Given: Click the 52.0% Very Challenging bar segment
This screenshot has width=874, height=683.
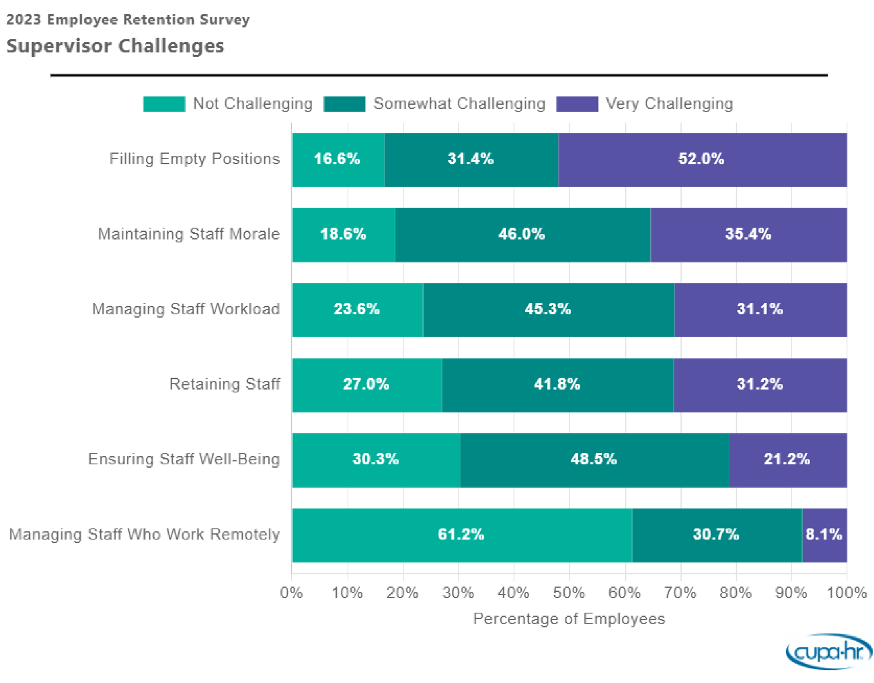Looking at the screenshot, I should pos(702,160).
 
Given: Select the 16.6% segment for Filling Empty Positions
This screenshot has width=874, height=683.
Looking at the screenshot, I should pos(338,160).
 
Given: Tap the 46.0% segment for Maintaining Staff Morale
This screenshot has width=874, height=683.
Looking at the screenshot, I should pos(522,235).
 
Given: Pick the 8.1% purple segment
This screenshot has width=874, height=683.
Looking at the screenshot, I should pos(824,535).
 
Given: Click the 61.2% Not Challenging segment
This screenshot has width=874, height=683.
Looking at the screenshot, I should pos(461,535).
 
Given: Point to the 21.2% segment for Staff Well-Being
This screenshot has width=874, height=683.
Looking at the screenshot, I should pos(787,460).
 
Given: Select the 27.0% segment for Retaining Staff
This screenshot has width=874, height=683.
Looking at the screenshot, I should pos(367,385).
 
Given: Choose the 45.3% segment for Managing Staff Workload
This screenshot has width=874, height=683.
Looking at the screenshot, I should pos(548,310).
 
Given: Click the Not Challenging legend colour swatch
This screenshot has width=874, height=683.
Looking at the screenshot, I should pos(164,104).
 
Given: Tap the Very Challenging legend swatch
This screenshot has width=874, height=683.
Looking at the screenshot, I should pos(577,104).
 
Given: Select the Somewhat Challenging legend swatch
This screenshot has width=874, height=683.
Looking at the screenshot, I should pos(344,104).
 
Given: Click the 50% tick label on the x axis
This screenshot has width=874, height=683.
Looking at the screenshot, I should pos(569,593).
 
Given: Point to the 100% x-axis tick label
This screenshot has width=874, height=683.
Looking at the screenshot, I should pos(847,593).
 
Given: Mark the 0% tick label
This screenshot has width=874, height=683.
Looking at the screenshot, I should pos(292,593).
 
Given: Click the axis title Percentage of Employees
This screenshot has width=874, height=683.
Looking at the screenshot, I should pos(569,619).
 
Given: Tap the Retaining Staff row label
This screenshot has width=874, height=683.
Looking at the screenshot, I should pos(224,384).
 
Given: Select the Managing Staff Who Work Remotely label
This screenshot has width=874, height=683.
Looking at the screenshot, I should pos(144,534).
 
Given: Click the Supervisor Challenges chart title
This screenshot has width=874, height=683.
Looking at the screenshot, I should pos(115,46).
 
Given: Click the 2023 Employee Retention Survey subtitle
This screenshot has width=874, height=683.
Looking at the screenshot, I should pos(128,19).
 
